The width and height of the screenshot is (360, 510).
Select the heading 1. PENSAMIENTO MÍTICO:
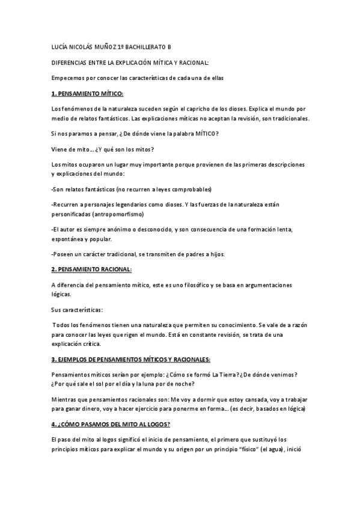pos(87,93)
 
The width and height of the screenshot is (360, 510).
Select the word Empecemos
pos(69,78)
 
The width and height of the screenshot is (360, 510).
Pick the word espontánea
pos(70,239)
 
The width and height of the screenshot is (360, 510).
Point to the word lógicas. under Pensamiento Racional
pos(61,295)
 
